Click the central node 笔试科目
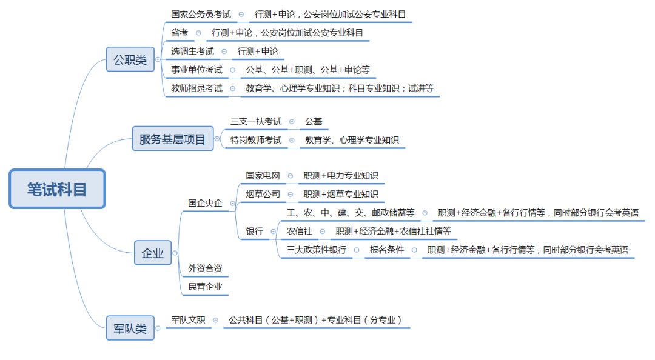[57, 189]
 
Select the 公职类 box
[130, 59]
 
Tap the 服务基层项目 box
[172, 139]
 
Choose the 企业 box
[153, 253]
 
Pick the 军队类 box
[130, 328]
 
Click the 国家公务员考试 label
[201, 14]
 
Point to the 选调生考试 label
[192, 52]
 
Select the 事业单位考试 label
[196, 70]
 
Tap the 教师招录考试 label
[196, 88]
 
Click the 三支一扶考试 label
[256, 121]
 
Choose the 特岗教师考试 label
[256, 140]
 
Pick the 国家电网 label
[263, 176]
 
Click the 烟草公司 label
[263, 194]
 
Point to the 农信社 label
[299, 231]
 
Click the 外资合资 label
[205, 268]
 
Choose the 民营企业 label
[205, 287]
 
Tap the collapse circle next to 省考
[198, 33]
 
